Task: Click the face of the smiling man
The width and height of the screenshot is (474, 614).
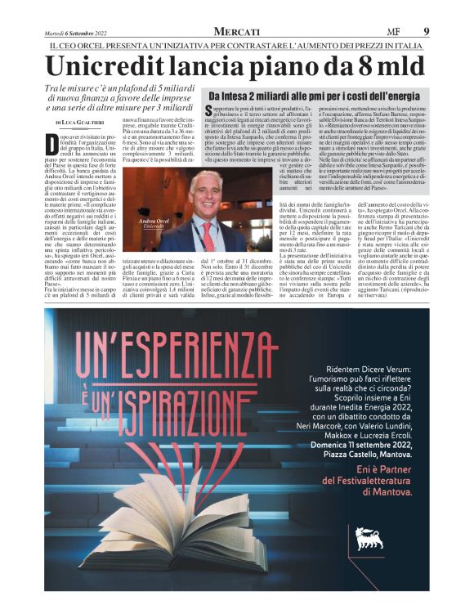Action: tap(205, 192)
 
